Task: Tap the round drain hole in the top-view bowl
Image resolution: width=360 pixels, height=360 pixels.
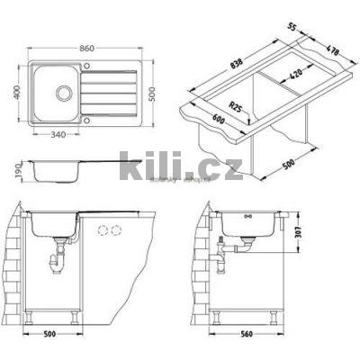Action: coord(65,92)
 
